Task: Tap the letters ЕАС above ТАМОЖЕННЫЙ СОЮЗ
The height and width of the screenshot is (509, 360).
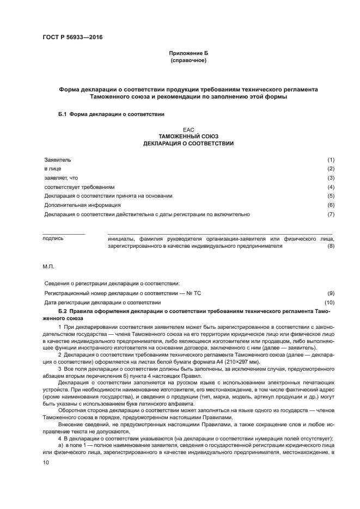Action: point(188,130)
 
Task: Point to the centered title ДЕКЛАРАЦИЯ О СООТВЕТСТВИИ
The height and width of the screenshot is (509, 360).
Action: point(188,144)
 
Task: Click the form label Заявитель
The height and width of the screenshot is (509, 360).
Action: point(58,160)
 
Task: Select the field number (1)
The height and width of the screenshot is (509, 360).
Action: point(331,160)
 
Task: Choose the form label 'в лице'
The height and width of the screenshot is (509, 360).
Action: point(53,169)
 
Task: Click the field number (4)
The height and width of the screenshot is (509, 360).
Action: point(331,187)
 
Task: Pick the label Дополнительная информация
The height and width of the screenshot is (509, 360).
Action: point(83,205)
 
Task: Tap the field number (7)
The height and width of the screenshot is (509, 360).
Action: point(331,214)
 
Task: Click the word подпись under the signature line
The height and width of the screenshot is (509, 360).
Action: point(53,238)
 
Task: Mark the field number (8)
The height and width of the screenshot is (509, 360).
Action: point(331,246)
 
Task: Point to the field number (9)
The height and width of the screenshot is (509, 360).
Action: point(331,293)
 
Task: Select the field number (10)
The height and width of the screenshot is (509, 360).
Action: point(330,302)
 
